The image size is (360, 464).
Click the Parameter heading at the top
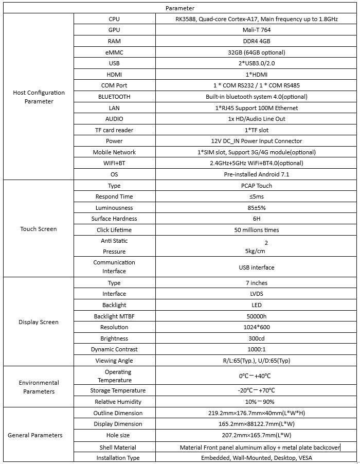point(180,8)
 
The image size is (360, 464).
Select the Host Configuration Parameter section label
point(39,97)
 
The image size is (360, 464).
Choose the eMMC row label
point(114,52)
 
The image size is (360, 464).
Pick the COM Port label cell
point(114,85)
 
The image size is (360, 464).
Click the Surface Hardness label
point(114,219)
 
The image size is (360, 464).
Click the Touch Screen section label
point(39,229)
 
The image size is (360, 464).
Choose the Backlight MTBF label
point(114,316)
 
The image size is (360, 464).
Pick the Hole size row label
point(114,435)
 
